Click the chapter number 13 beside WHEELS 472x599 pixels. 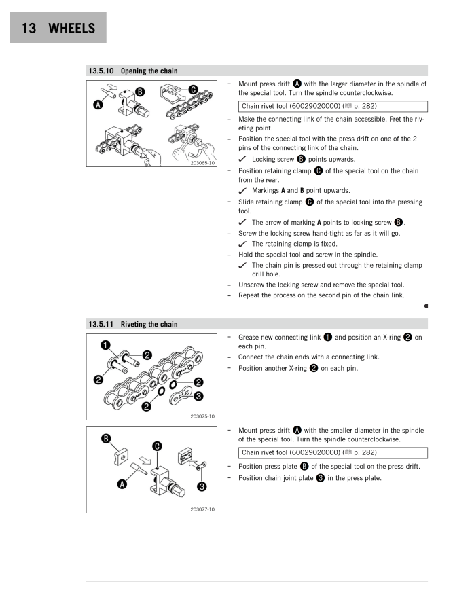coord(28,29)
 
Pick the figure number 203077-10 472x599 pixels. coord(202,507)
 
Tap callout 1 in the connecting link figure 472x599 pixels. coord(98,344)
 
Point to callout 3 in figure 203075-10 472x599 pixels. coord(198,396)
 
